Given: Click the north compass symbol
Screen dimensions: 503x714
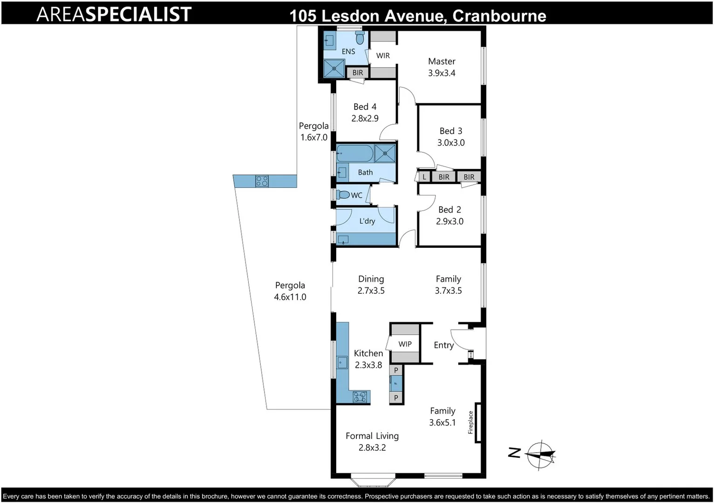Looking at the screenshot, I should point(540,454).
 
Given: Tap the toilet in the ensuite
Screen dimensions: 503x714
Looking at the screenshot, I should point(360,37).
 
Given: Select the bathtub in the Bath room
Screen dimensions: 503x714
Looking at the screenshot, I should point(354,153).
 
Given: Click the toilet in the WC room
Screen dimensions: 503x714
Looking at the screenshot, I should point(343,195).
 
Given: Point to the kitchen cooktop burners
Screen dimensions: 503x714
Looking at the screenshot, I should point(360,397).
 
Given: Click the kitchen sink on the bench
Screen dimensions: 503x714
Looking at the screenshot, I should point(342,362).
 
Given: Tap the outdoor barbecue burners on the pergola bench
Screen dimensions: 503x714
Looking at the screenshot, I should point(262,181).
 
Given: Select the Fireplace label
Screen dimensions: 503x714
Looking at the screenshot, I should point(470,422).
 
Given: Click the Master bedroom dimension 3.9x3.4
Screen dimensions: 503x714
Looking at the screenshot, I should point(442,73).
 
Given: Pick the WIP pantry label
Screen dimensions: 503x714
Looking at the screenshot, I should point(405,344).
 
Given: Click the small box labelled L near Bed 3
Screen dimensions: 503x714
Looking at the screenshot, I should point(424,177).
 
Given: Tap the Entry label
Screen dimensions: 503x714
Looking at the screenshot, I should point(443,345).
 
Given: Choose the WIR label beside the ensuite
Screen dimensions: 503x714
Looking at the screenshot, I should point(383,56).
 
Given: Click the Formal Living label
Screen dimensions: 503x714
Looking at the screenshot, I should point(372,436).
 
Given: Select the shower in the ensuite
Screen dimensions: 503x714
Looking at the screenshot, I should point(334,68).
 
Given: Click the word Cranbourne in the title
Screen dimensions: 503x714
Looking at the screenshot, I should point(499,16).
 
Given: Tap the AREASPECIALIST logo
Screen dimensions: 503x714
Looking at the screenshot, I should point(114,14).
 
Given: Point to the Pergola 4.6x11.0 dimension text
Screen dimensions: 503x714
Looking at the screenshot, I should point(290,297).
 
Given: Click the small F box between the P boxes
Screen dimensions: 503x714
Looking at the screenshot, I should point(396,384).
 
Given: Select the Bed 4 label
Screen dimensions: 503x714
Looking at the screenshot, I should point(365,107).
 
